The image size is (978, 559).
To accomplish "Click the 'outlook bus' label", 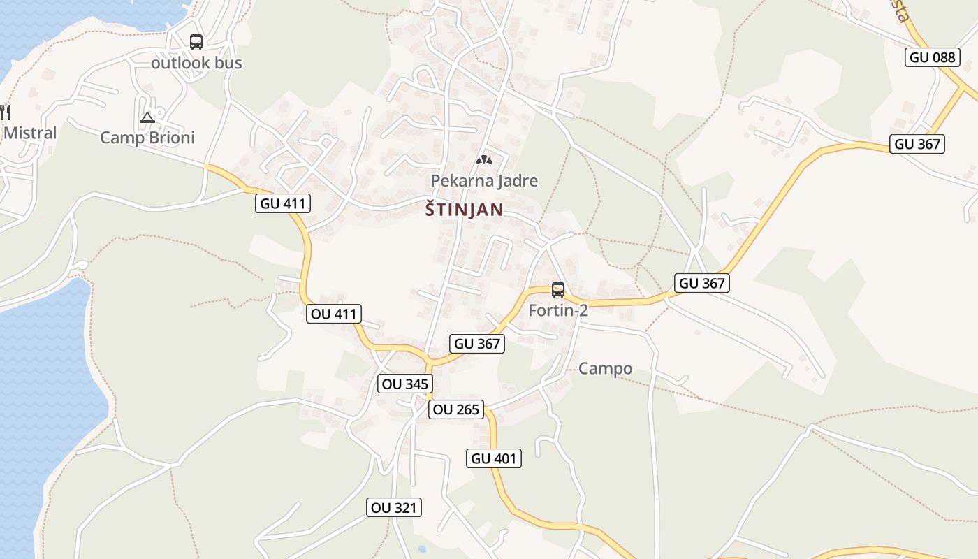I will pos(196,63).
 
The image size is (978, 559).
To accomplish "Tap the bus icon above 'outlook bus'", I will pos(196,42).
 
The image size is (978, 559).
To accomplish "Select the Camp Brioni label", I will pos(147,137).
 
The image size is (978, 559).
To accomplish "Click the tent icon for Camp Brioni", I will pos(147,117).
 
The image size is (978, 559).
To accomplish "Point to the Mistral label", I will pos(30,132).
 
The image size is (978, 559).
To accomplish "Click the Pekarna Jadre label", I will pos(484,181).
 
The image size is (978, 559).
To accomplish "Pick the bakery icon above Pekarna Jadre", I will pos(483,160).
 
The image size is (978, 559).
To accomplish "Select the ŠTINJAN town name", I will pos(464,210).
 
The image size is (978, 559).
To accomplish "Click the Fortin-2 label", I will pos(558,310).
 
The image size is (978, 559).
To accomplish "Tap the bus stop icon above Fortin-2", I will pos(557,289).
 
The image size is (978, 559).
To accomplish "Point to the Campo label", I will pos(605,368).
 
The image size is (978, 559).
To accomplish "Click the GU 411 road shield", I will pos(283,203).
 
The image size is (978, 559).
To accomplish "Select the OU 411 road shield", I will pos(334,314).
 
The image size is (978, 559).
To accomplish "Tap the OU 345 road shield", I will pos(405,384).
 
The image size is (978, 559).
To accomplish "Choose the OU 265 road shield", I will pos(456,409).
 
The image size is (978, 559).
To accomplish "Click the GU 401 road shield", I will pos(494,458).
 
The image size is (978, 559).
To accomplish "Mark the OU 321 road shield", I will pos(395,507).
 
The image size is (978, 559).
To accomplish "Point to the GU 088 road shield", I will pos(933,57).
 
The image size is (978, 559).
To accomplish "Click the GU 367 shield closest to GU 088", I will pos(918,144).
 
